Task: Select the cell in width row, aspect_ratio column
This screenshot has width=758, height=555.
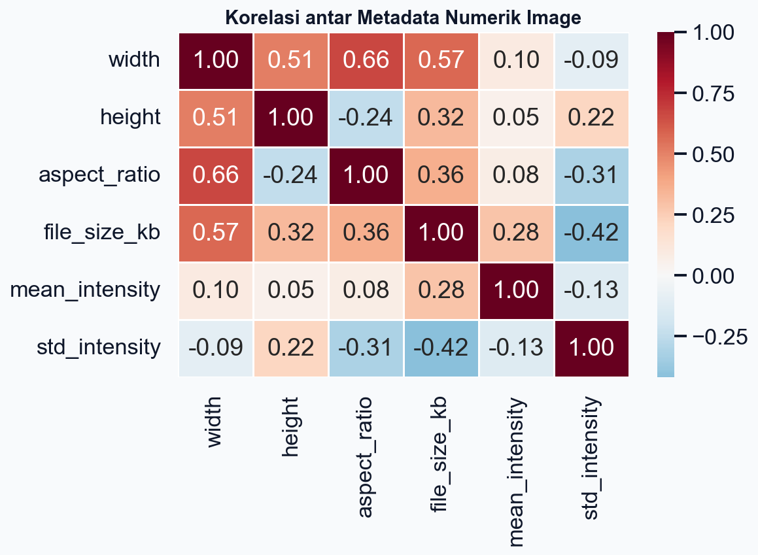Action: [x=367, y=60]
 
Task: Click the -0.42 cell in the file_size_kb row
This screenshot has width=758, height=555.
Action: [x=592, y=233]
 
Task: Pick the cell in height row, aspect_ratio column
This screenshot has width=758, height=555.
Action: [x=367, y=118]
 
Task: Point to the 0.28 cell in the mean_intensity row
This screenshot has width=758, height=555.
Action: [x=442, y=290]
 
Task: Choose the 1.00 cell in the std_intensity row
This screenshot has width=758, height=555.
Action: [x=592, y=348]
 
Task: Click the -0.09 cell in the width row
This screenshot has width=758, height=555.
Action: [x=592, y=60]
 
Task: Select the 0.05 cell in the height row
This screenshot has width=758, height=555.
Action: [x=517, y=118]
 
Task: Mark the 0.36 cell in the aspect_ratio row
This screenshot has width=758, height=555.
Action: [x=442, y=175]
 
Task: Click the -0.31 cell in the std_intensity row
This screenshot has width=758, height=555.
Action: [x=367, y=348]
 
